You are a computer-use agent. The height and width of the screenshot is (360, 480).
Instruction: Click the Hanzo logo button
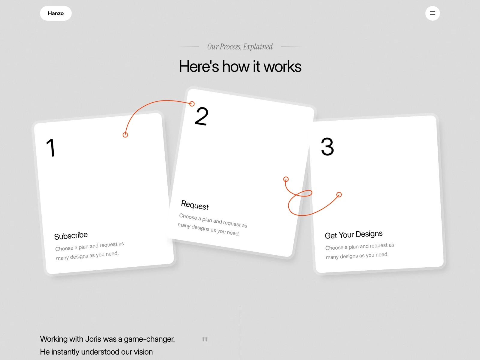(56, 13)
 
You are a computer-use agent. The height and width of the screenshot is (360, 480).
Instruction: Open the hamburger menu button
(433, 13)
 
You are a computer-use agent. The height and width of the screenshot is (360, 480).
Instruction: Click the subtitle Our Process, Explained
(240, 46)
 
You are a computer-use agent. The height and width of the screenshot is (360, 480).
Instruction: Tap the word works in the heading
(283, 66)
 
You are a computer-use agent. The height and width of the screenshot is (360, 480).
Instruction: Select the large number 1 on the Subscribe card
(51, 148)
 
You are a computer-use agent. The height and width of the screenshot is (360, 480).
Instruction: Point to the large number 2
(201, 116)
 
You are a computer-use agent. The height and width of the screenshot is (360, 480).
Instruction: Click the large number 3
(327, 146)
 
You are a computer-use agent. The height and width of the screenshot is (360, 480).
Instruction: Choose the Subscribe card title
(71, 235)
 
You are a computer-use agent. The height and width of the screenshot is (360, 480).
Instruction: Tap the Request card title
(195, 205)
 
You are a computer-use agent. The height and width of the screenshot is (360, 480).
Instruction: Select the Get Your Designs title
(354, 235)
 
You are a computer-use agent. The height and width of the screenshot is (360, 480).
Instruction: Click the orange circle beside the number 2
(192, 103)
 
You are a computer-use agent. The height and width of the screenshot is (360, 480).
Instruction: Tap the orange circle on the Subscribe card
(125, 135)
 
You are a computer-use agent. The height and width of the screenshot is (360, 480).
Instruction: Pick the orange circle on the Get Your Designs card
(339, 195)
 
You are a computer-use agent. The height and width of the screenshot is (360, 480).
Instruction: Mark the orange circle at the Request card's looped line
(286, 179)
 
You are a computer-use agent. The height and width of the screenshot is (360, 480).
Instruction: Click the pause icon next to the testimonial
(205, 339)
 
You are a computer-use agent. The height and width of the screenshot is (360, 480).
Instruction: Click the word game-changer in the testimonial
(149, 339)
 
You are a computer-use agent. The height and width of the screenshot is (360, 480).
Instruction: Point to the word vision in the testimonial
(143, 352)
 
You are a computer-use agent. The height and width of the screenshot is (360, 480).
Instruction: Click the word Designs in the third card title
(369, 234)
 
